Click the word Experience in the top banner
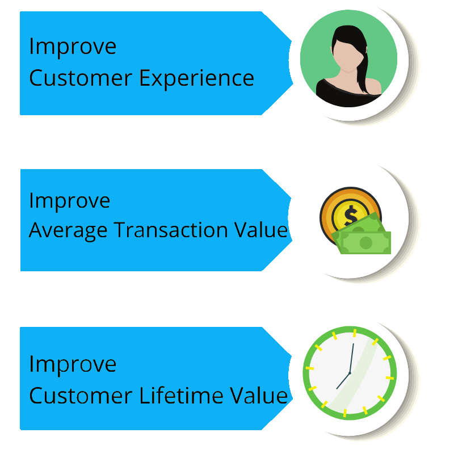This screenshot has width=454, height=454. click(x=196, y=78)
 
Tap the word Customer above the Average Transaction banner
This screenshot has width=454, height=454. click(x=81, y=78)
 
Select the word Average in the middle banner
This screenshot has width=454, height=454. click(x=68, y=231)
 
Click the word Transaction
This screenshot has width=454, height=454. click(x=171, y=230)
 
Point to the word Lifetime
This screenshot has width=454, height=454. click(x=181, y=395)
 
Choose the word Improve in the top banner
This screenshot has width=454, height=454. click(x=73, y=47)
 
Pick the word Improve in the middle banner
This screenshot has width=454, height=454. click(x=69, y=201)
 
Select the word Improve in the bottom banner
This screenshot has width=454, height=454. click(x=73, y=364)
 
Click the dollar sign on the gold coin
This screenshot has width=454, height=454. click(x=351, y=215)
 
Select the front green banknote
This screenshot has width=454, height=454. click(x=365, y=243)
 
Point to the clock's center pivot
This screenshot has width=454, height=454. click(x=350, y=373)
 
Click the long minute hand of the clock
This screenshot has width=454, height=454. click(x=351, y=359)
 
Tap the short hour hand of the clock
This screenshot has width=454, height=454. click(x=343, y=381)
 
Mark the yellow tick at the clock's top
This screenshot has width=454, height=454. click(x=354, y=333)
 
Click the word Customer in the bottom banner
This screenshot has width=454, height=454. click(x=81, y=396)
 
